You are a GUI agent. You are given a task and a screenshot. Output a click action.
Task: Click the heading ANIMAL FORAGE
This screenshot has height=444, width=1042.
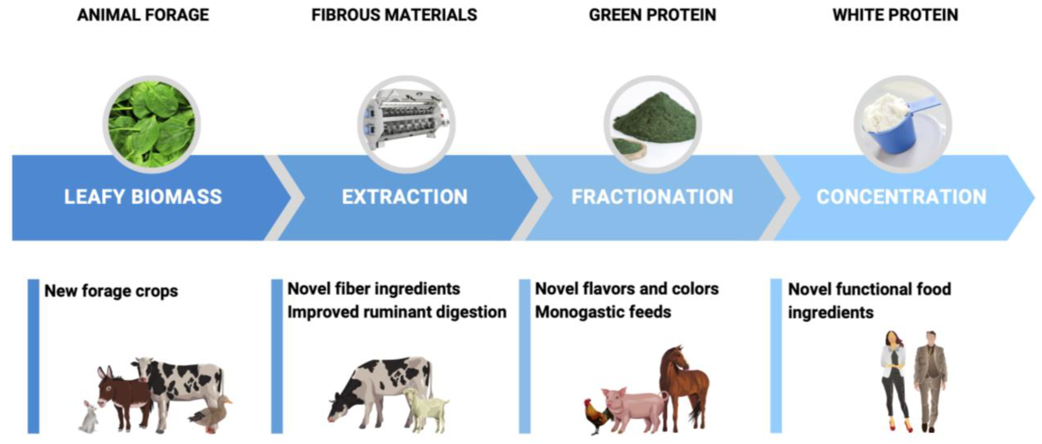(143, 15)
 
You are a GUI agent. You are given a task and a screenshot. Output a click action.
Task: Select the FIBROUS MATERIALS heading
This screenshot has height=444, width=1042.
(394, 15)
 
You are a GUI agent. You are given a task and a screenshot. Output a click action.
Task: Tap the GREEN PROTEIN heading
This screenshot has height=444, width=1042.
(652, 15)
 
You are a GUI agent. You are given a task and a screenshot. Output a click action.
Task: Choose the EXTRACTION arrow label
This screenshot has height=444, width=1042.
(404, 197)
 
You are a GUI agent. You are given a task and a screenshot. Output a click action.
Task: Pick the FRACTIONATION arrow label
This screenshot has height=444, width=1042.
(652, 197)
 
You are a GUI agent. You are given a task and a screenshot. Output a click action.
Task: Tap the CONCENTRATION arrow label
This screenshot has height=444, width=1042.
(901, 197)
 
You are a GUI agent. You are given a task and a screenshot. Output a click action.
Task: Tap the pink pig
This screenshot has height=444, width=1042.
(633, 408)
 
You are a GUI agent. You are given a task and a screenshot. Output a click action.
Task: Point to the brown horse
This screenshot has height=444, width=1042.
(684, 384)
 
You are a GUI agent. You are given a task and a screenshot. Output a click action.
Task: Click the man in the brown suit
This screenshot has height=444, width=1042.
(930, 380)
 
